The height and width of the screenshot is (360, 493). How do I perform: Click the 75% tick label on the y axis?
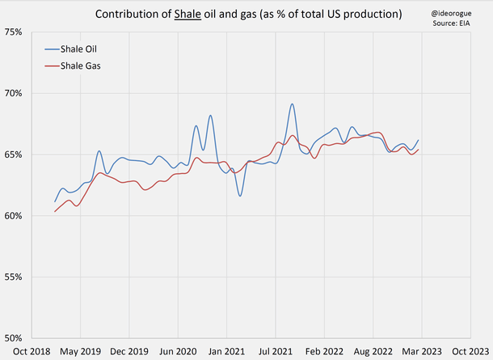tap(13, 32)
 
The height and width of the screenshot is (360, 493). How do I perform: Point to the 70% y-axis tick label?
tap(13, 93)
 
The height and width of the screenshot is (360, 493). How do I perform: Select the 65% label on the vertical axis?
tap(13, 155)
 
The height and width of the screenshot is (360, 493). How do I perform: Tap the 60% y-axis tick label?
tap(13, 216)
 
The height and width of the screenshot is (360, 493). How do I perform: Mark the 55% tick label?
tap(13, 277)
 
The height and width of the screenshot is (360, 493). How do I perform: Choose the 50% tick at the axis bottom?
tap(13, 338)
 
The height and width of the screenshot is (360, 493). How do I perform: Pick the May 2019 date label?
tap(80, 352)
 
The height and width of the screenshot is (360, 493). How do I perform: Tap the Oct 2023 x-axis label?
tap(470, 352)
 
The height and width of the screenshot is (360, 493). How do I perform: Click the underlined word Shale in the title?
tap(187, 15)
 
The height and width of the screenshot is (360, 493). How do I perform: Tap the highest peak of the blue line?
tap(292, 104)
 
